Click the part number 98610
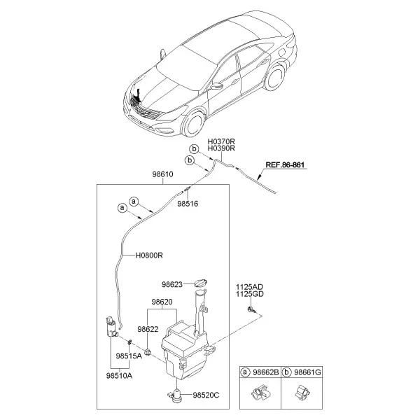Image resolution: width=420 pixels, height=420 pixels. [x=162, y=174]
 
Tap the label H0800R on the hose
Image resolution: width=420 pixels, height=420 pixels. [x=149, y=255]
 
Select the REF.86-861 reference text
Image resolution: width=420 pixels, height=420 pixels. [x=285, y=164]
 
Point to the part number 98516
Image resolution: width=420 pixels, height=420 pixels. [x=188, y=204]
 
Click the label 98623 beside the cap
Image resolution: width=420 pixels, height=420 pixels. [x=172, y=284]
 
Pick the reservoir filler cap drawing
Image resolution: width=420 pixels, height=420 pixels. [x=201, y=283]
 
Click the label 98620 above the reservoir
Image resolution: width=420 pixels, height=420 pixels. [x=162, y=302]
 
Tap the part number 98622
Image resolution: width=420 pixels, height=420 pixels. [x=148, y=329]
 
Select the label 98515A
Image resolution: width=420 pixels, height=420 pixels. [x=129, y=356]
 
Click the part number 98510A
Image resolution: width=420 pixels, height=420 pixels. [x=119, y=376]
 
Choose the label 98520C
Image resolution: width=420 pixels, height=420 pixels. [x=206, y=395]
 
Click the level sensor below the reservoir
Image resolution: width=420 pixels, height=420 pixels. [x=176, y=395]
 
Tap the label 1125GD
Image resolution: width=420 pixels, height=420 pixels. [x=250, y=294]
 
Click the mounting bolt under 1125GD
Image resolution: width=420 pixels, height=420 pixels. [x=251, y=310]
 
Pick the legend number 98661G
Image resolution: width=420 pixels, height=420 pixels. [x=307, y=372]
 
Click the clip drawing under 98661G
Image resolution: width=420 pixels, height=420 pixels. [x=302, y=393]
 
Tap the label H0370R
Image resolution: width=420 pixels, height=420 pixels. [x=221, y=141]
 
